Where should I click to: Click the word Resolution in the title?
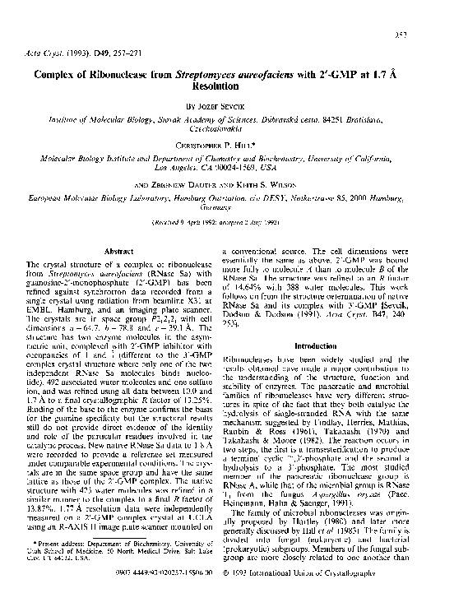(x=226, y=85)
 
